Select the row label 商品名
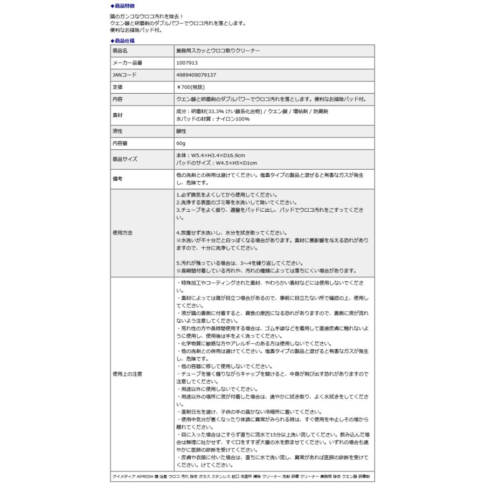[120, 51]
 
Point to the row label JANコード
[124, 75]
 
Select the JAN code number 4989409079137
[196, 75]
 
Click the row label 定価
[117, 87]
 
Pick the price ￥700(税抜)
[191, 87]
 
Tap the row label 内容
[117, 100]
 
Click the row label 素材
[117, 115]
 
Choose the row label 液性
[117, 131]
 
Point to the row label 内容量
[120, 143]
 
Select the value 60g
[181, 143]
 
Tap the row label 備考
[117, 179]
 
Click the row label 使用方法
[122, 233]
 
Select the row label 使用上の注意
[127, 373]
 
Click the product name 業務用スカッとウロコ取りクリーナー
[218, 51]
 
